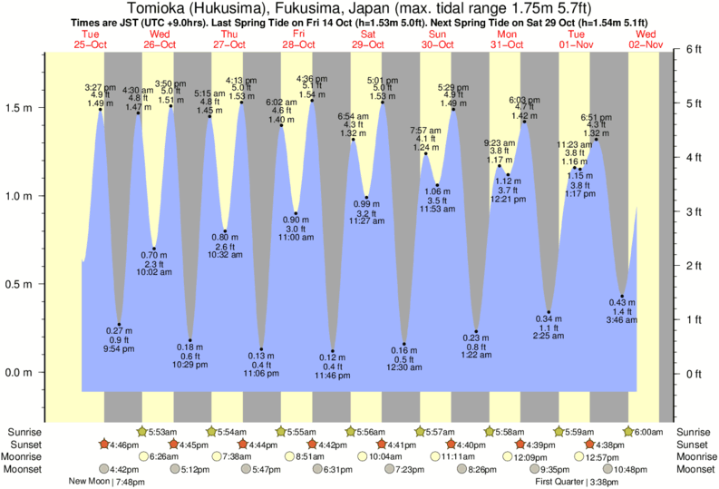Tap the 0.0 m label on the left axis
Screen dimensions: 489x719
[20, 373]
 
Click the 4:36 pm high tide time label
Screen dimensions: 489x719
[312, 79]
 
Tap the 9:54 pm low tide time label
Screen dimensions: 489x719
[119, 348]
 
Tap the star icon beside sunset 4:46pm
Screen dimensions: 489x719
[103, 444]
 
